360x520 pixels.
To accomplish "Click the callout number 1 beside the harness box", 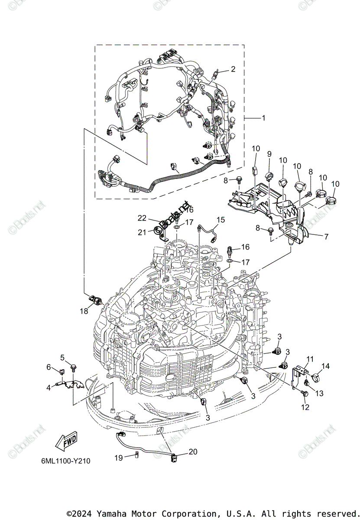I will (263, 118).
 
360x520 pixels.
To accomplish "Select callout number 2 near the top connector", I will (233, 69).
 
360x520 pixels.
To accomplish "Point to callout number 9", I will (269, 154).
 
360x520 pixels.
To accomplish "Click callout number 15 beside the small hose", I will (221, 220).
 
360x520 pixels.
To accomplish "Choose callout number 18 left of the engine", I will (84, 311).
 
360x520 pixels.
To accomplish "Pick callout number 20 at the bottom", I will (193, 452).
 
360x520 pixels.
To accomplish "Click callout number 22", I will (143, 218).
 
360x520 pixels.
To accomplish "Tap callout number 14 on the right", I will (325, 366).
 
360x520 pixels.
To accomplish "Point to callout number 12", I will (305, 407).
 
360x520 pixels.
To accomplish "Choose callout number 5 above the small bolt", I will (62, 357).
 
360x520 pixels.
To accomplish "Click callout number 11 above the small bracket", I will (310, 359).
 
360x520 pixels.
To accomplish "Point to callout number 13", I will (319, 393).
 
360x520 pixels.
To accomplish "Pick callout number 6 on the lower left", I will (49, 367).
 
